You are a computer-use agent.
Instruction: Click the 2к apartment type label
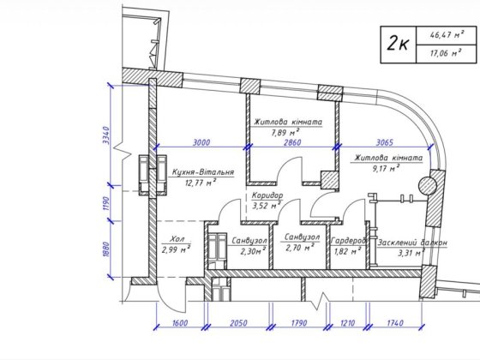pos(398,43)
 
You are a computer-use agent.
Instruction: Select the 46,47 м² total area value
pos(447,34)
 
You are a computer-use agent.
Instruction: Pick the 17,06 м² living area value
pos(446,53)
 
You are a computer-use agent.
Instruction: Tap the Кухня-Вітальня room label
pos(203,172)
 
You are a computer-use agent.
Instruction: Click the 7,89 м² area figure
pos(285,133)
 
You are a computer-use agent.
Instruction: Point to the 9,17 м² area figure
pos(386,168)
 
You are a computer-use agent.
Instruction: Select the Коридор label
pos(267,195)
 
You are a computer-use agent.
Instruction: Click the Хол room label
pos(177,239)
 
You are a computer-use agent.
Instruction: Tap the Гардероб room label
pos(349,241)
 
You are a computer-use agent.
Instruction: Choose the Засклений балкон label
pos(412,243)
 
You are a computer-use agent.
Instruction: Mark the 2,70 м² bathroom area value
pos(300,247)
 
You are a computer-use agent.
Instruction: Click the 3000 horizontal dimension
pos(201,142)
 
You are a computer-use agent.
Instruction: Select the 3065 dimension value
pos(384,142)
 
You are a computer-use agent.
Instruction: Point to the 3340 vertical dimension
pos(106,136)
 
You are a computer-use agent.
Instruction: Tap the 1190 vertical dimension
pos(106,203)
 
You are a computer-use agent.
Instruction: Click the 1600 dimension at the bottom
pos(180,323)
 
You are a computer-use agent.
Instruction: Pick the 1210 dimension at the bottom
pos(347,323)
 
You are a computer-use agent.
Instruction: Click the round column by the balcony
pos(428,185)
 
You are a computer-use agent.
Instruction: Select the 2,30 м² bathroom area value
pos(253,251)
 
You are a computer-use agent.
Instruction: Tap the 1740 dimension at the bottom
pos(395,323)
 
